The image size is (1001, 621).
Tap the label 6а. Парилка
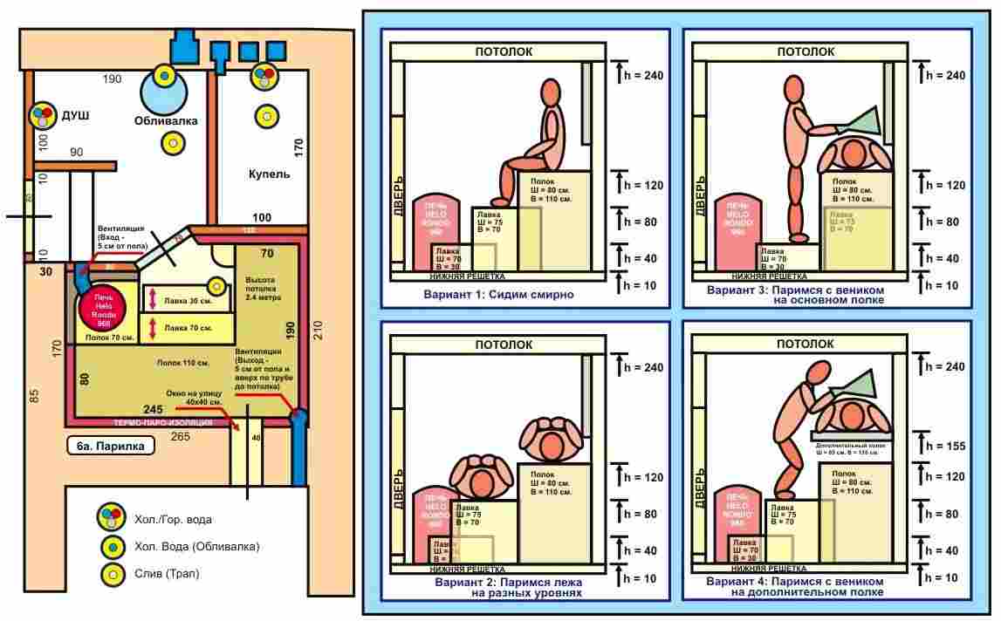click(x=110, y=446)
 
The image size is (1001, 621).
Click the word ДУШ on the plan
click(x=75, y=115)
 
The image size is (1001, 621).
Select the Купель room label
click(x=270, y=174)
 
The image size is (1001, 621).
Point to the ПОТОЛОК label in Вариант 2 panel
click(x=504, y=345)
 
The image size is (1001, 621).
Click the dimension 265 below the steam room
click(x=180, y=436)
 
